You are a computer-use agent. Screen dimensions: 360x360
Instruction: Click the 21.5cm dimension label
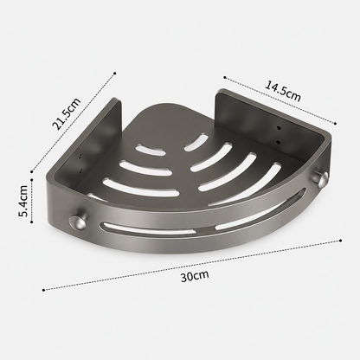click(x=66, y=114)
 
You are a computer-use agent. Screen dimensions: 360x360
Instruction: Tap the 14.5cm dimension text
click(x=283, y=91)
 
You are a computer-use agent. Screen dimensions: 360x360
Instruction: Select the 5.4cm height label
click(x=22, y=201)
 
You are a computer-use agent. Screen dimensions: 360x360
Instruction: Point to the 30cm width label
click(x=195, y=276)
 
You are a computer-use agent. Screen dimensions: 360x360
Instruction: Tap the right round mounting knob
click(x=320, y=179)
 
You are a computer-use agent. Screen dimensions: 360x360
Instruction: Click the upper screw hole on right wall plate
click(x=279, y=127)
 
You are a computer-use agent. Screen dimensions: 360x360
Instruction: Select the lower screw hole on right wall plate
click(x=278, y=142)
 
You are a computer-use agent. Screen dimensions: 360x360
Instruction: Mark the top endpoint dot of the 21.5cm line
click(x=115, y=73)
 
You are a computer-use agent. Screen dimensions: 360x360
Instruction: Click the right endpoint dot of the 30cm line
click(x=341, y=241)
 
